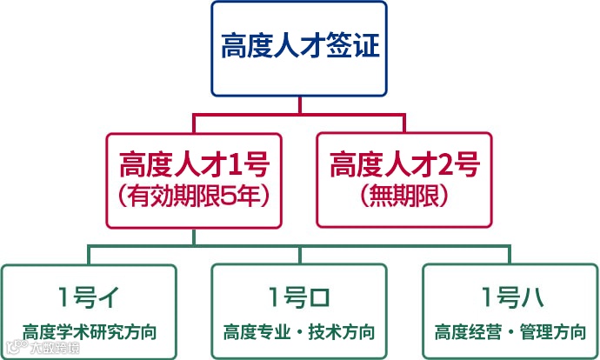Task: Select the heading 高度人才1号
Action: pyautogui.click(x=194, y=163)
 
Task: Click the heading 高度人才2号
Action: pyautogui.click(x=404, y=163)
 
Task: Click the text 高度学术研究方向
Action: pyautogui.click(x=89, y=331)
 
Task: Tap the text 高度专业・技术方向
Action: pyautogui.click(x=299, y=331)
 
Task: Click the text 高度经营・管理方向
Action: pyautogui.click(x=510, y=331)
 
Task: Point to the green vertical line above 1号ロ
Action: pyautogui.click(x=300, y=255)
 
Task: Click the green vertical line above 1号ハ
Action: pyautogui.click(x=510, y=255)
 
